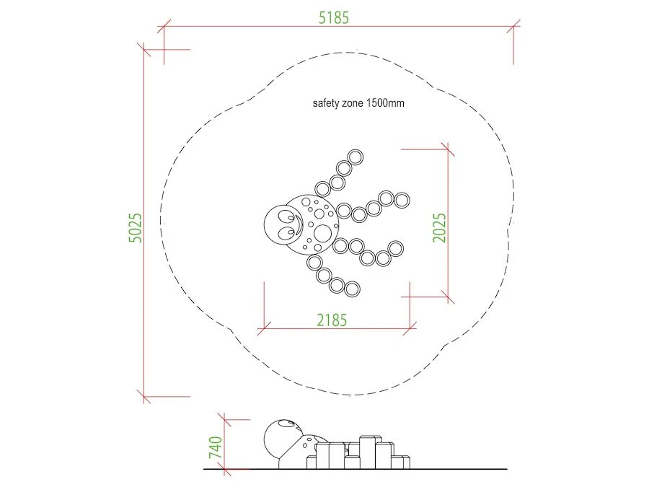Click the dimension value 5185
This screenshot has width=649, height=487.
tap(334, 18)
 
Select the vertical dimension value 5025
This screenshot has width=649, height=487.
tap(136, 228)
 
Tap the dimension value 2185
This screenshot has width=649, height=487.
tap(332, 320)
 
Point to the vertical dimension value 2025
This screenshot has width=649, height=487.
tap(440, 228)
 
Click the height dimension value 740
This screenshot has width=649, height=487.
tap(216, 447)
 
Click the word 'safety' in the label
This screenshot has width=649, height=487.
tap(326, 103)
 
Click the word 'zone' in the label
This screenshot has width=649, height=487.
tap(353, 103)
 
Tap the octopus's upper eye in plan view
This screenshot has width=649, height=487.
tap(286, 216)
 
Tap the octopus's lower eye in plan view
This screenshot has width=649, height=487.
tap(286, 233)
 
